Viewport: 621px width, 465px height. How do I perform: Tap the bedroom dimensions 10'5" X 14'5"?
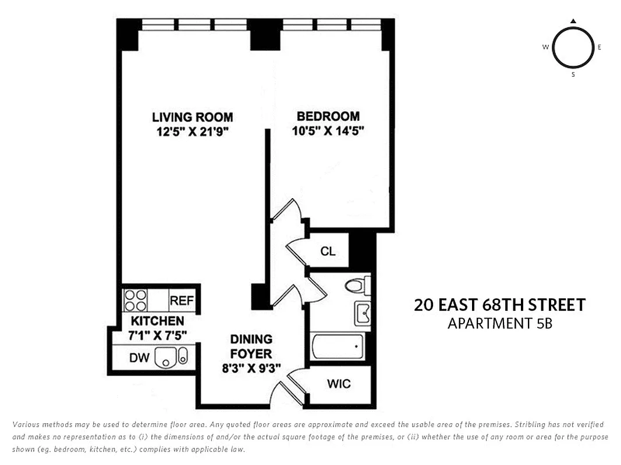click(x=328, y=131)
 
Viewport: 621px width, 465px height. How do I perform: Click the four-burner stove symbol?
click(x=135, y=301)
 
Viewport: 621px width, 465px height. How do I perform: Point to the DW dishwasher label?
click(x=139, y=358)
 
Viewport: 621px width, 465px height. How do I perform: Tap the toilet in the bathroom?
click(x=356, y=285)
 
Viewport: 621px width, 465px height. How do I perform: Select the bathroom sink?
click(x=363, y=314)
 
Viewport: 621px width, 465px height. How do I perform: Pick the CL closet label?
click(x=328, y=251)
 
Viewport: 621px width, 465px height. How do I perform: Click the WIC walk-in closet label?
click(x=339, y=384)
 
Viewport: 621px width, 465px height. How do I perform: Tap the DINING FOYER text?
click(x=251, y=346)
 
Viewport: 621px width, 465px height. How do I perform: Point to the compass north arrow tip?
click(x=573, y=22)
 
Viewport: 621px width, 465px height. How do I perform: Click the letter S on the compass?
click(x=573, y=74)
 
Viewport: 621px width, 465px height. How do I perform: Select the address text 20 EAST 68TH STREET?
click(x=499, y=305)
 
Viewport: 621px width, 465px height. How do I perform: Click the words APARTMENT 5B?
click(x=499, y=324)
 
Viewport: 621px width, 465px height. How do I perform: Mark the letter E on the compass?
click(x=599, y=48)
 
